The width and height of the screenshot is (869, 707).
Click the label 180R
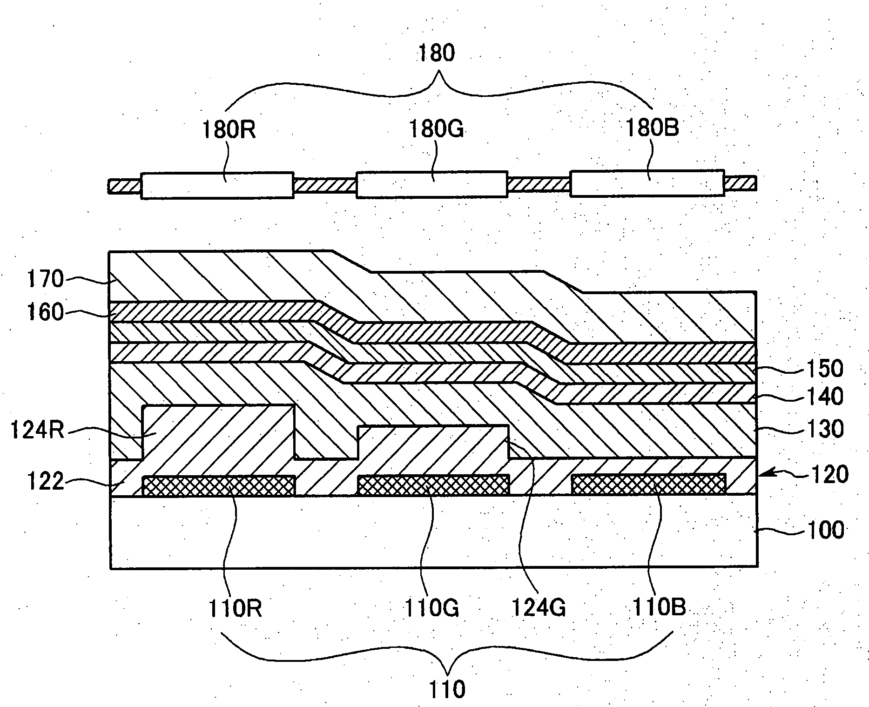pyautogui.click(x=228, y=129)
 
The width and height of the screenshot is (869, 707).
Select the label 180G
pyautogui.click(x=436, y=129)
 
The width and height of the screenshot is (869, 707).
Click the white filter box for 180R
pyautogui.click(x=217, y=186)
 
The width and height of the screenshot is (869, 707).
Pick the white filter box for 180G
pyautogui.click(x=431, y=185)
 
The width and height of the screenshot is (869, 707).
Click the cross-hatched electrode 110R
pyautogui.click(x=219, y=486)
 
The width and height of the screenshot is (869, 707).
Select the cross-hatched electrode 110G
pyautogui.click(x=433, y=485)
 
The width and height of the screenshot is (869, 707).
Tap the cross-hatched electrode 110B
pyautogui.click(x=648, y=485)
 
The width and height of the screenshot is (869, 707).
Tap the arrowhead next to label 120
pyautogui.click(x=762, y=475)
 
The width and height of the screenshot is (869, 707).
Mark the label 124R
pyautogui.click(x=36, y=431)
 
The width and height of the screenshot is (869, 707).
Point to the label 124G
pyautogui.click(x=539, y=608)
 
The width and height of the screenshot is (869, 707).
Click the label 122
pyautogui.click(x=45, y=481)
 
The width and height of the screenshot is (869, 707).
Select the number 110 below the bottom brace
pyautogui.click(x=447, y=689)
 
